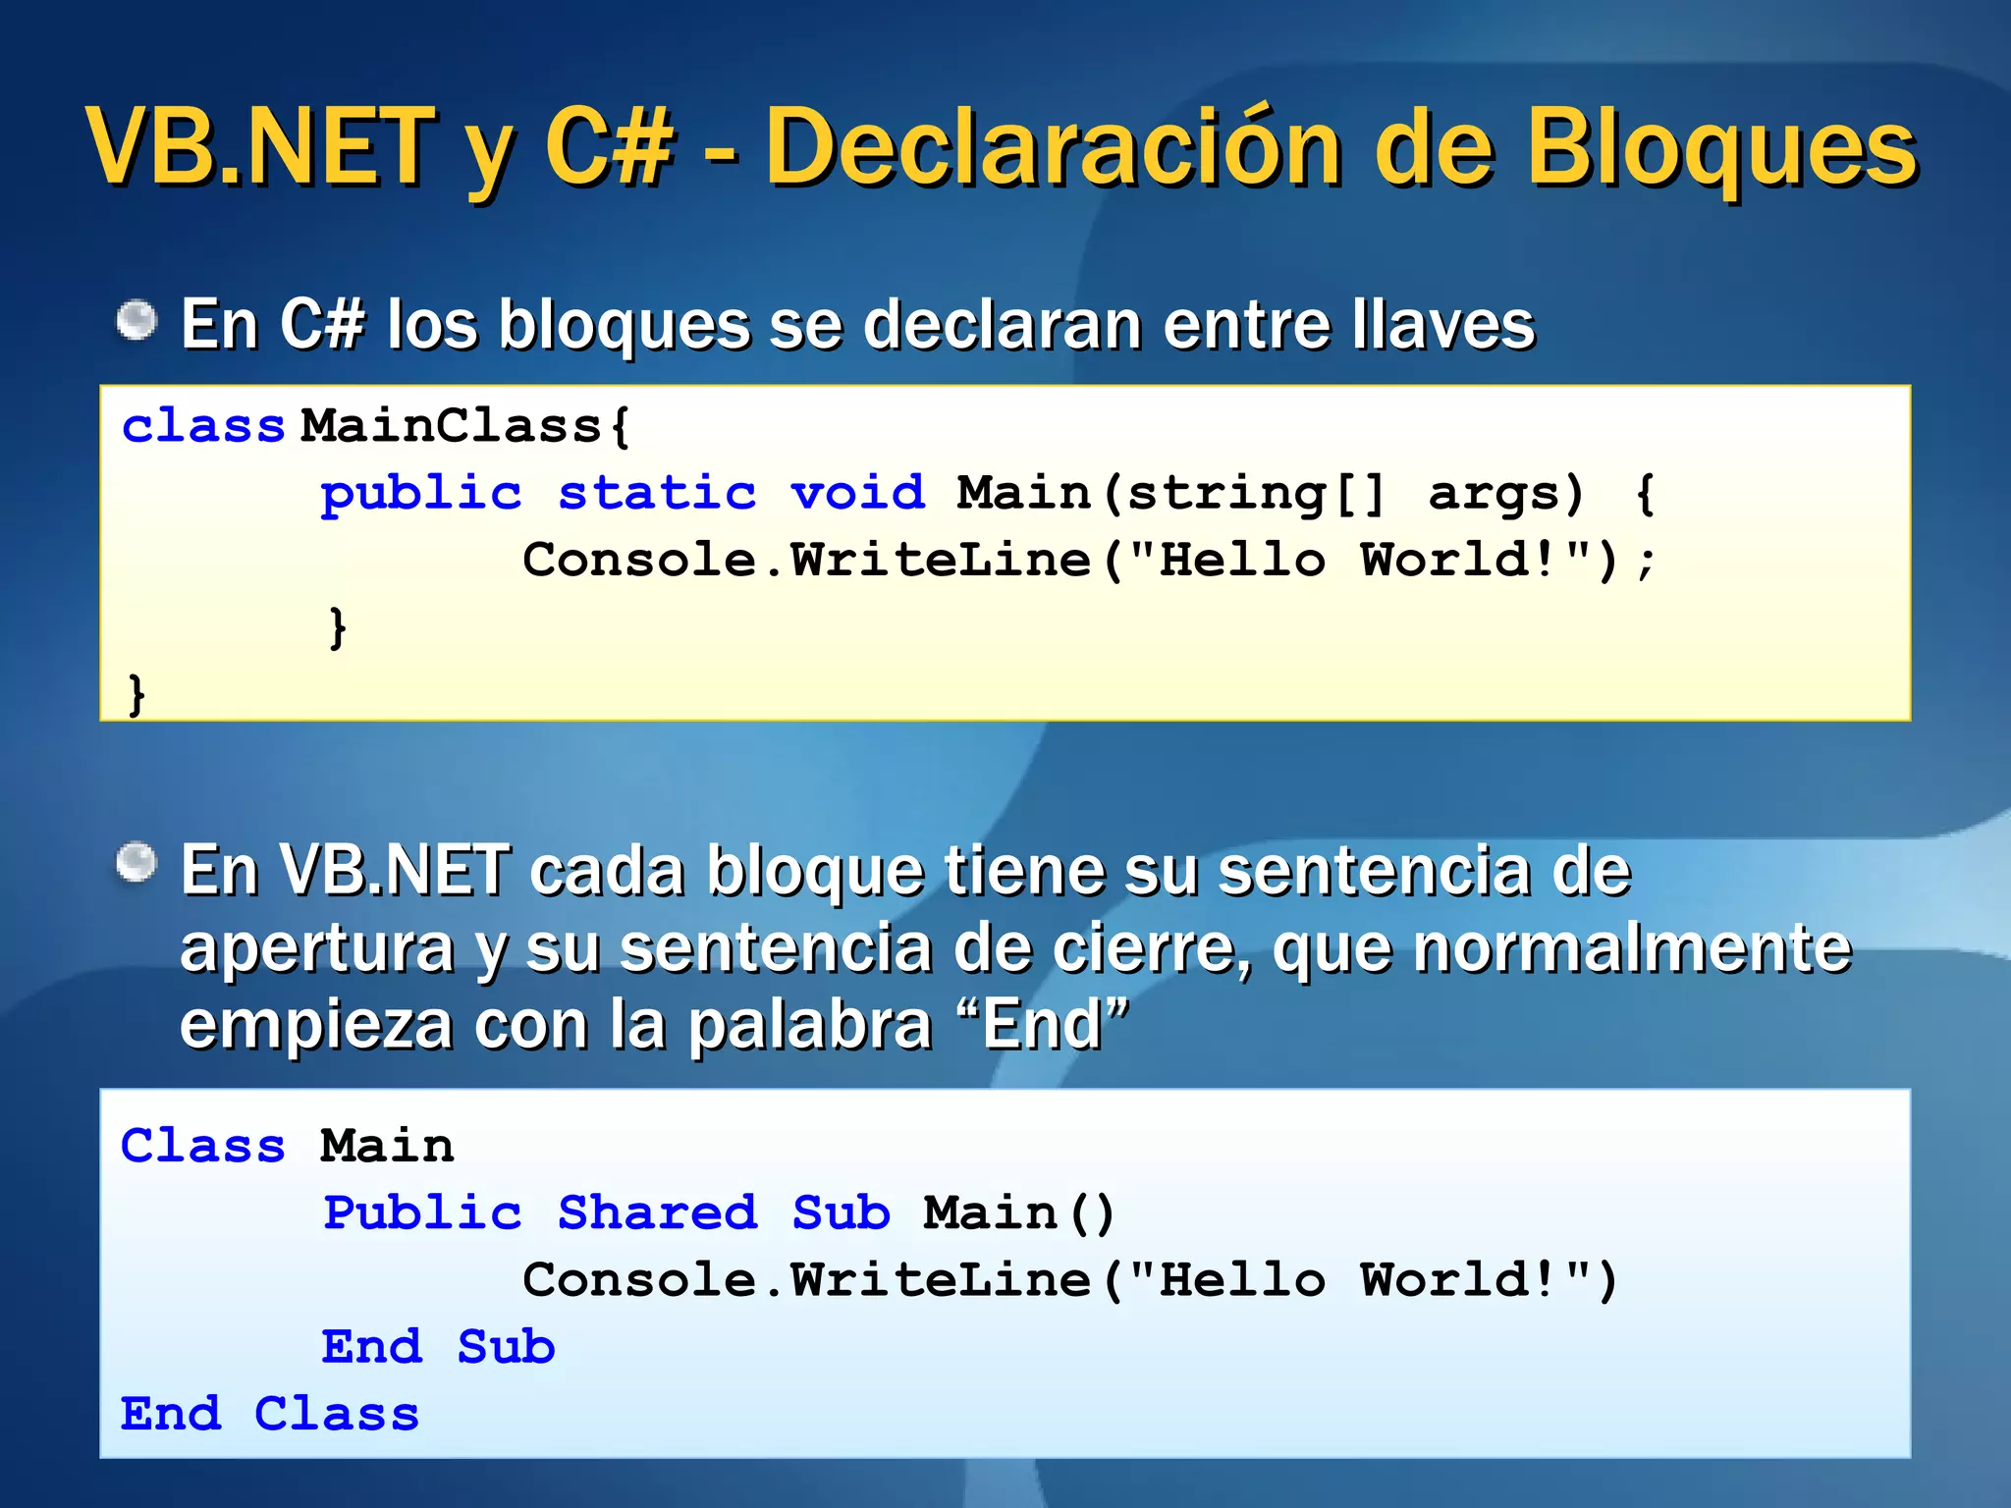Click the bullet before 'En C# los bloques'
click(136, 321)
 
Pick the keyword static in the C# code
click(657, 493)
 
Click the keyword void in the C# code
click(857, 493)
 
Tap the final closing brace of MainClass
click(136, 693)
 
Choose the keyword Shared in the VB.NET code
click(657, 1213)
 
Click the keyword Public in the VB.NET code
click(422, 1213)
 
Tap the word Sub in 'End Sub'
click(506, 1347)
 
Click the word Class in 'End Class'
click(336, 1415)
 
